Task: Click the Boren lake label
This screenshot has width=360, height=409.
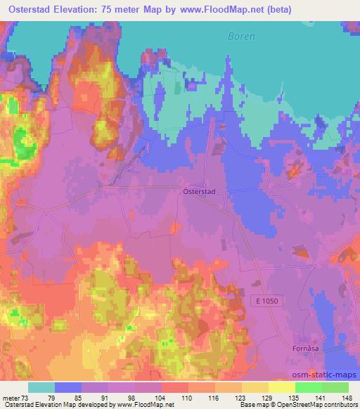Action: [241, 37]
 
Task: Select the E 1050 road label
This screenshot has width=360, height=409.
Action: [266, 299]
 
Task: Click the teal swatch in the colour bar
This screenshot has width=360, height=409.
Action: [41, 387]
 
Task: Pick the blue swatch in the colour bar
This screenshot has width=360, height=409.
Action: [68, 387]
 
